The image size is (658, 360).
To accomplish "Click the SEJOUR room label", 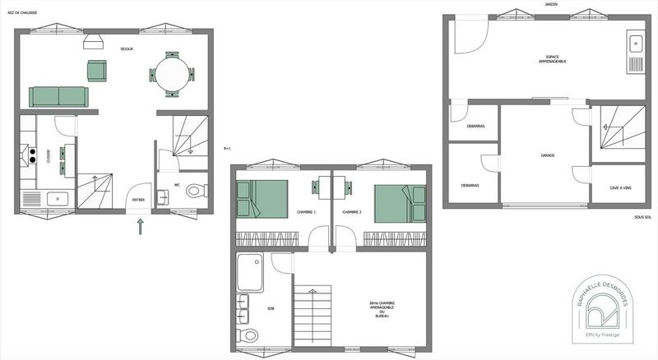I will (126, 48).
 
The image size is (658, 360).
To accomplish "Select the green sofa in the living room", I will (58, 96).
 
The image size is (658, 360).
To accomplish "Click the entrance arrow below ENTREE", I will (140, 226).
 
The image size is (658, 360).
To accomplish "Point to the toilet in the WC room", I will (194, 192).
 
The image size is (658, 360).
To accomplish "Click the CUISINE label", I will (48, 156).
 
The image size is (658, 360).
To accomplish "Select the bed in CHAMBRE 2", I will (401, 203).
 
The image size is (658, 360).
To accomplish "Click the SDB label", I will (271, 308).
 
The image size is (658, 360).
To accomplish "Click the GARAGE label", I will (547, 155).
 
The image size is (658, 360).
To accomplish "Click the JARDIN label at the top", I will (551, 5).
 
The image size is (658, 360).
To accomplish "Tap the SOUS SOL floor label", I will (642, 217).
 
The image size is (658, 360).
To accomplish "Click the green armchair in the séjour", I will (96, 71).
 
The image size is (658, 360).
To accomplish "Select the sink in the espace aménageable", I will (635, 43).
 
